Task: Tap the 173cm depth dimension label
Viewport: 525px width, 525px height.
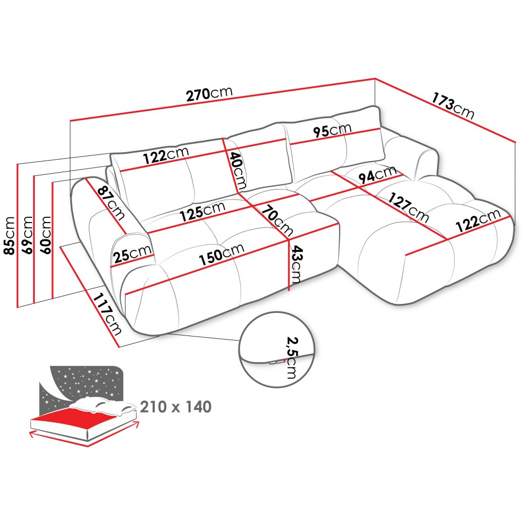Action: coord(453,106)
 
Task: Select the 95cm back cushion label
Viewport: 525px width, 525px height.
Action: coord(332,130)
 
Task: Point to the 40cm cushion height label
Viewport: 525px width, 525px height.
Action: coord(238,171)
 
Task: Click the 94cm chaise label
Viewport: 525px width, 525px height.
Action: coord(377,175)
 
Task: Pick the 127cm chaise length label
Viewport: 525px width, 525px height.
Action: coord(408,208)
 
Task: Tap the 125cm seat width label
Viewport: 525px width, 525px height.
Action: coord(203,212)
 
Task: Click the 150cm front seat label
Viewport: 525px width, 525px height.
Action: coord(222,254)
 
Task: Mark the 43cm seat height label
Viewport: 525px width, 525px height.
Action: coord(297,265)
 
